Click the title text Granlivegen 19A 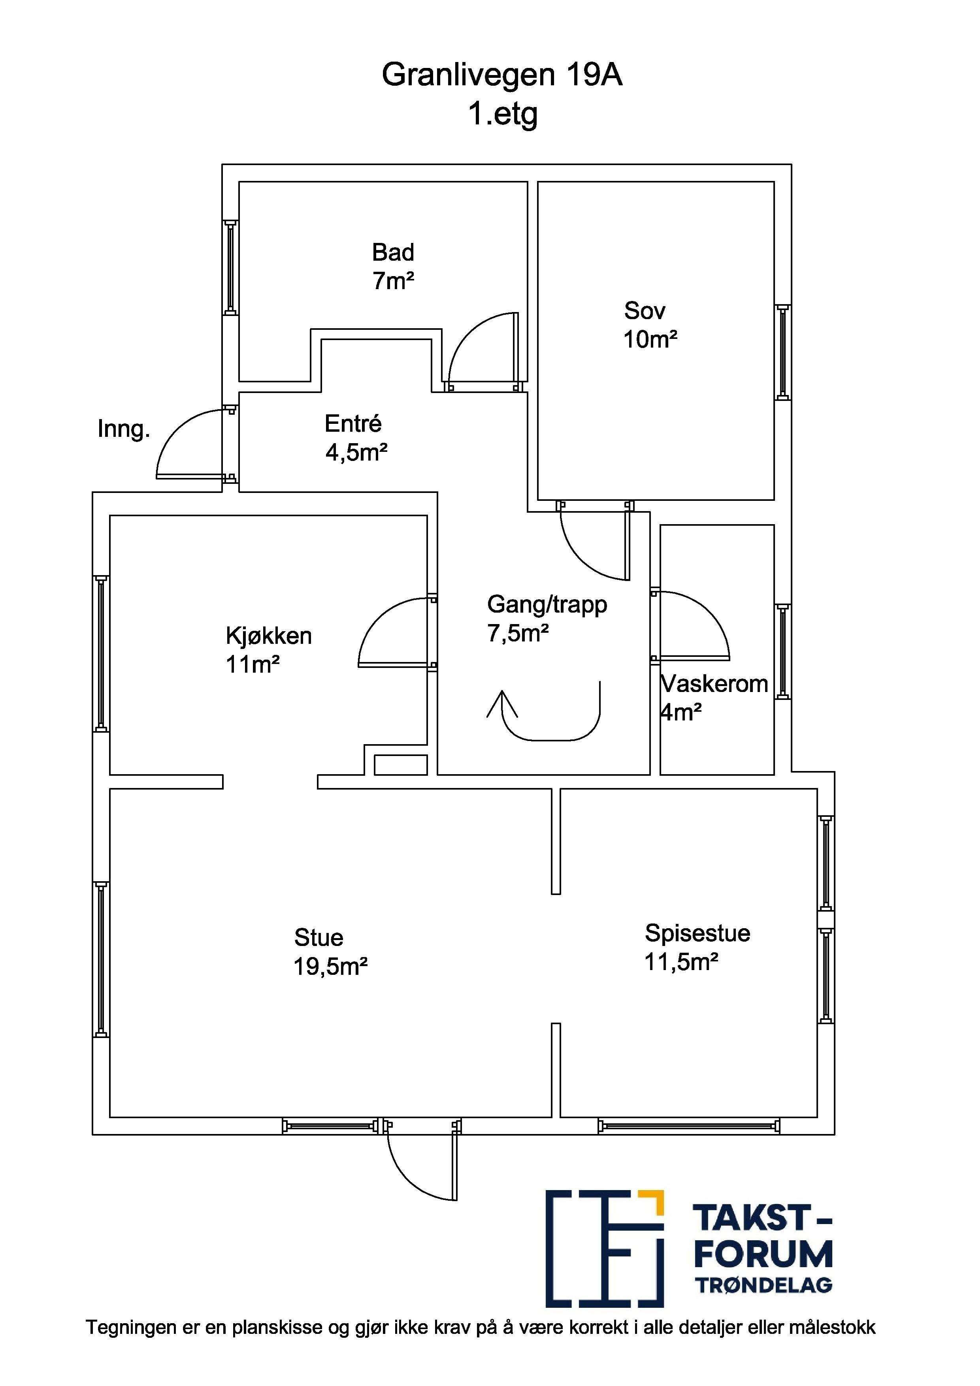(x=502, y=75)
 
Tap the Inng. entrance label (x=124, y=429)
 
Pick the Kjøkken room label (x=269, y=636)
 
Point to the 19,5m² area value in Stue (x=331, y=967)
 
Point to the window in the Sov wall (x=783, y=352)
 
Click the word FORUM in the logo (x=763, y=1254)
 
